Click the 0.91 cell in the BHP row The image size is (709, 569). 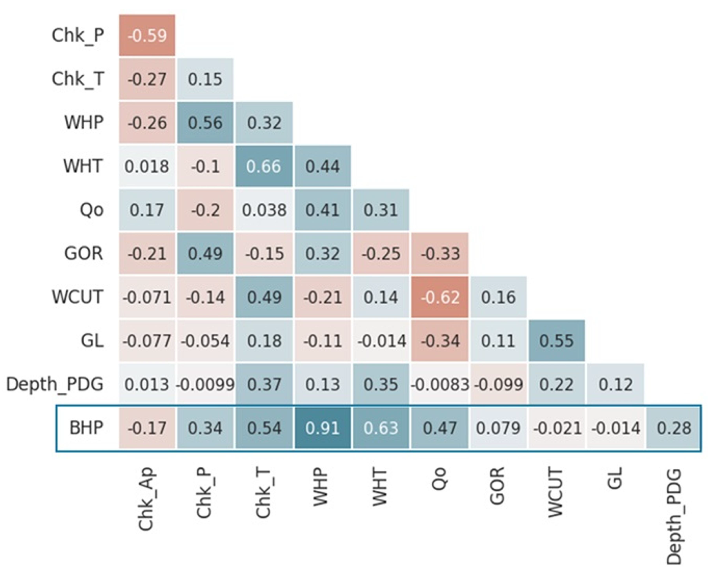(x=323, y=428)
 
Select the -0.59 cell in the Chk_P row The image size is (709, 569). (x=147, y=35)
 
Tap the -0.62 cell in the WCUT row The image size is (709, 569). (x=440, y=297)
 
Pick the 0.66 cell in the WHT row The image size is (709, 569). (x=264, y=166)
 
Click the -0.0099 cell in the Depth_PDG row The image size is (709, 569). (x=205, y=384)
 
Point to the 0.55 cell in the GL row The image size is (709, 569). (x=557, y=341)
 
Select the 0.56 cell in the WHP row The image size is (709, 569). (x=205, y=123)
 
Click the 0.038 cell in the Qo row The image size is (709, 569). (x=264, y=210)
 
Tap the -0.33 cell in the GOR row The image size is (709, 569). (x=440, y=253)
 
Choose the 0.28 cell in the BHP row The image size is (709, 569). (x=674, y=428)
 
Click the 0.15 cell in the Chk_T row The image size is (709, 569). (x=205, y=79)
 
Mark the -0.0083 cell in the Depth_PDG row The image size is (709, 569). (x=440, y=384)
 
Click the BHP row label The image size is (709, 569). (x=86, y=428)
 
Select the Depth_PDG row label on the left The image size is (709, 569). (x=55, y=384)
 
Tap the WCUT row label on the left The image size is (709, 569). (x=78, y=297)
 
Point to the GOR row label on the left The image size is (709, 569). (x=84, y=253)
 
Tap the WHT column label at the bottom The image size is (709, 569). (x=380, y=487)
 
